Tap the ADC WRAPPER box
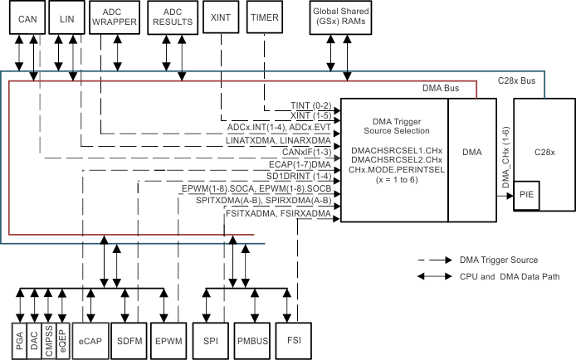point(115,17)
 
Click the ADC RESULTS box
point(172,17)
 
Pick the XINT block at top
point(222,17)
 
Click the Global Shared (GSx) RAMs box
point(341,17)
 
